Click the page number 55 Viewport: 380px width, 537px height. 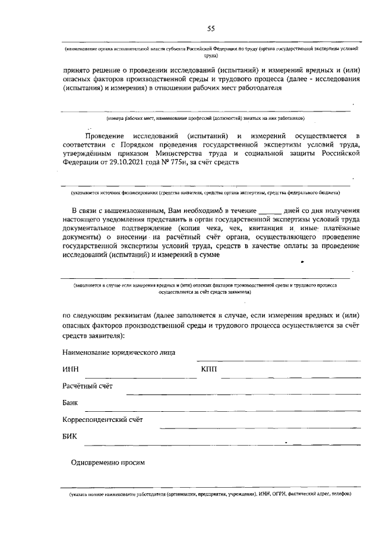click(211, 28)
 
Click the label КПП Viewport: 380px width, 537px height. click(210, 370)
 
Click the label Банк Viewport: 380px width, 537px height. click(71, 403)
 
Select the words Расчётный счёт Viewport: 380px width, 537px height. click(87, 386)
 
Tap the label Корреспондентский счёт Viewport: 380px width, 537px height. click(103, 420)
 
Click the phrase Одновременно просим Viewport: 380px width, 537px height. click(107, 462)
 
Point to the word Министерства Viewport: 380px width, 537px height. click(204, 153)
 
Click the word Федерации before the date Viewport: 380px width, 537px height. click(83, 162)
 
